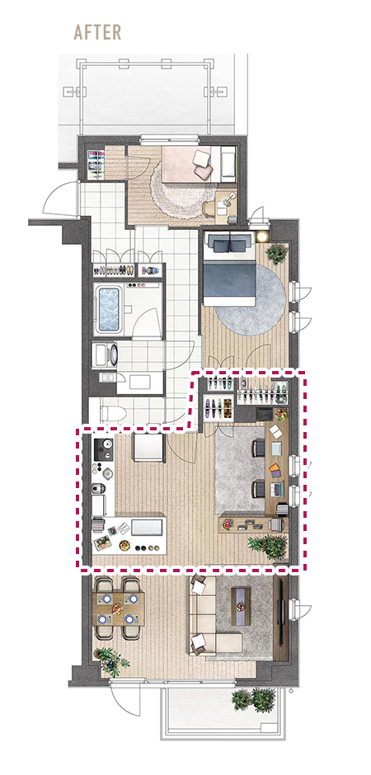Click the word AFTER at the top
[97, 32]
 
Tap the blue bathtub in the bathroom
[109, 309]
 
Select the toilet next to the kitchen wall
[113, 411]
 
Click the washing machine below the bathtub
[106, 355]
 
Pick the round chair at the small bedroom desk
[209, 208]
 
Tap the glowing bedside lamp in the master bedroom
[262, 237]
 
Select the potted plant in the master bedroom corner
[277, 254]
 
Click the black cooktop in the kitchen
[104, 449]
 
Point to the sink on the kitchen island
[147, 527]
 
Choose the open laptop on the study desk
[277, 490]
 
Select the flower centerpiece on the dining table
[118, 608]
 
